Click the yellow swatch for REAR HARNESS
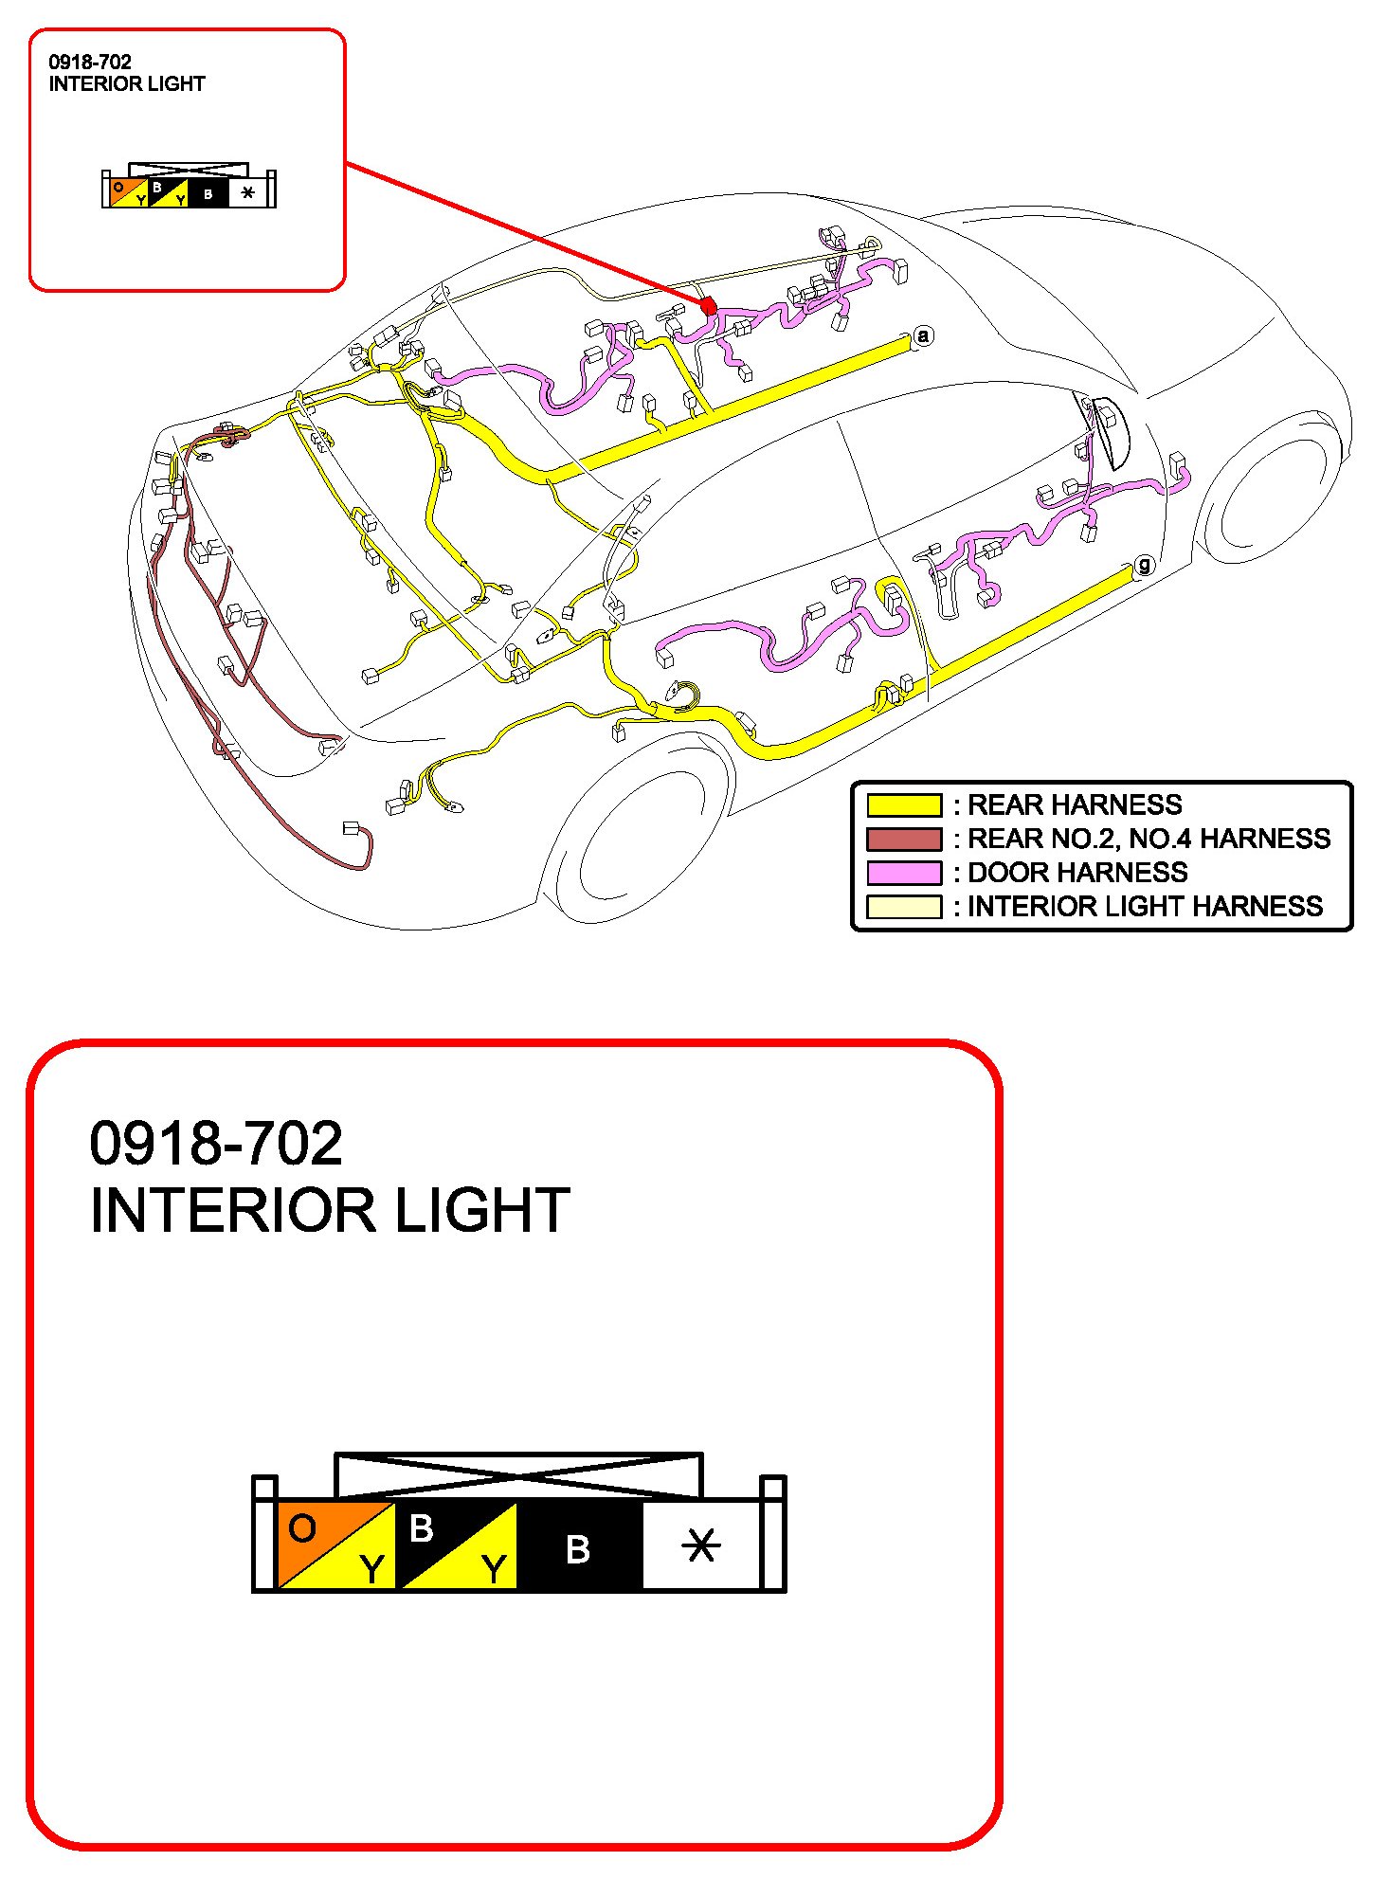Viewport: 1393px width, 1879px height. click(904, 805)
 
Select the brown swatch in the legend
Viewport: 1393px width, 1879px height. click(904, 840)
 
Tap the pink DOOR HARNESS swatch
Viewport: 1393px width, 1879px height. click(904, 873)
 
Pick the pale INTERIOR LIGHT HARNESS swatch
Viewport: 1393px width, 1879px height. click(904, 907)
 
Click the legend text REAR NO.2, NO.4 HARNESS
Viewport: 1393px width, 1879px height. click(1149, 839)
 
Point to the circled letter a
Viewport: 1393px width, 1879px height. click(924, 335)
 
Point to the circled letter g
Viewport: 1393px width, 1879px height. click(1145, 566)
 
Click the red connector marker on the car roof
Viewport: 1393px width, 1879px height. click(708, 306)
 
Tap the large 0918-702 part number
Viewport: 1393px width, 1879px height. click(216, 1143)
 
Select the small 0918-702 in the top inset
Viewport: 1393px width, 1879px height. click(90, 63)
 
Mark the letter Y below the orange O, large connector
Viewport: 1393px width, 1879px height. click(372, 1569)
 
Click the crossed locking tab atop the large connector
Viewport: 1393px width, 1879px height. click(518, 1475)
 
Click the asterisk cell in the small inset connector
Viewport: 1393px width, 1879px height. click(247, 193)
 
